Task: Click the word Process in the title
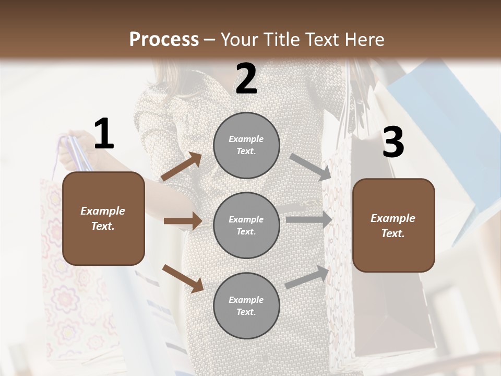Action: tap(164, 40)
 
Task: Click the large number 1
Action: tap(104, 135)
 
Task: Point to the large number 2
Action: tap(246, 79)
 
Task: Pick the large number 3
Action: tap(393, 142)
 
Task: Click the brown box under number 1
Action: tap(103, 218)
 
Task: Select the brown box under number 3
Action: tap(393, 225)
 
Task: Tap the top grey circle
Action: tap(246, 145)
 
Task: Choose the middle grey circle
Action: tap(246, 225)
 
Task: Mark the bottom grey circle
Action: tap(246, 305)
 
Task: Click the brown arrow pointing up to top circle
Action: tap(182, 167)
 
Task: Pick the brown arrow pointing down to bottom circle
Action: tap(183, 278)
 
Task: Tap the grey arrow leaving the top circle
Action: tap(311, 167)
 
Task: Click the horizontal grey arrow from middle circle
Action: tap(309, 220)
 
